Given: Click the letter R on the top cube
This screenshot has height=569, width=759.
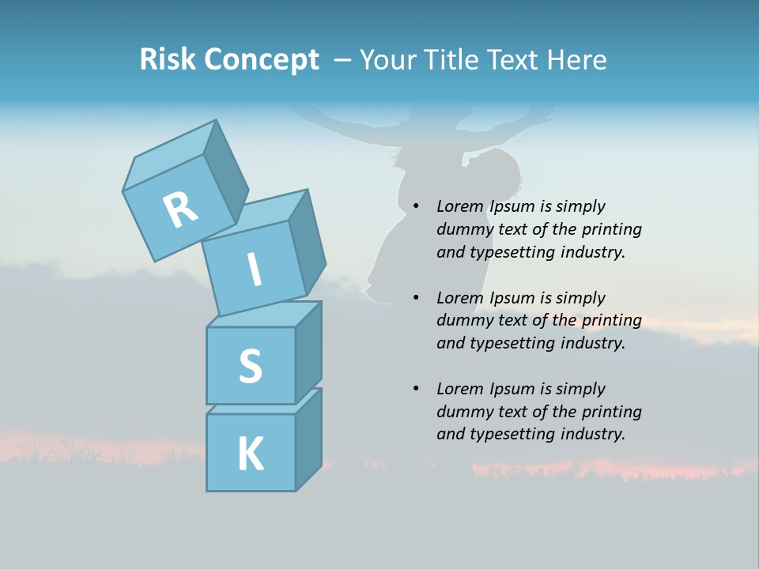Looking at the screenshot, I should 180,209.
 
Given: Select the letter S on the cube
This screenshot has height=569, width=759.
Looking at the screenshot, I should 250,366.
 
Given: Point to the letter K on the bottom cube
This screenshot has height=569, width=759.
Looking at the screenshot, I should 250,454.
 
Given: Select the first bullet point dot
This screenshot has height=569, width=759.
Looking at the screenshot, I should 416,207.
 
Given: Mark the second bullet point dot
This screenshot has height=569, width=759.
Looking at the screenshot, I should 416,298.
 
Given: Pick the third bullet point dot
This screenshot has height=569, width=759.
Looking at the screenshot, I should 416,389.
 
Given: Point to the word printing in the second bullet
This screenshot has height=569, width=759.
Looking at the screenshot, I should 612,321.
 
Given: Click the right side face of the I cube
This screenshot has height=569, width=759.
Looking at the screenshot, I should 307,243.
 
